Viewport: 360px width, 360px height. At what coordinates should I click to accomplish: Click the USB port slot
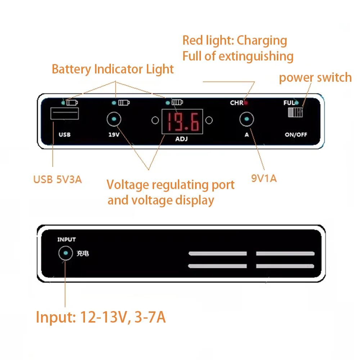click(x=65, y=114)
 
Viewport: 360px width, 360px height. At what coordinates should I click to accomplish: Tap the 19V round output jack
click(x=114, y=119)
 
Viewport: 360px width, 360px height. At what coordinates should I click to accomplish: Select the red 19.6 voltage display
click(x=182, y=121)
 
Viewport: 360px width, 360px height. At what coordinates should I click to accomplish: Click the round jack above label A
click(x=247, y=119)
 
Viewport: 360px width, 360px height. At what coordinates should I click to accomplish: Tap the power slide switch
click(x=296, y=112)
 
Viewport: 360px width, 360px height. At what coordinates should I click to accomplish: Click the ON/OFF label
click(x=296, y=135)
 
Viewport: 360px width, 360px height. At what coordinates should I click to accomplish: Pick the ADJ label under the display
click(x=181, y=139)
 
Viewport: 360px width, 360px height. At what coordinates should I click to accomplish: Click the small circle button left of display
click(x=155, y=120)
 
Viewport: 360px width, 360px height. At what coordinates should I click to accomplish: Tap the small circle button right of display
click(x=208, y=120)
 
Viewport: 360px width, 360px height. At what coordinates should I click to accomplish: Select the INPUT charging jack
click(x=66, y=254)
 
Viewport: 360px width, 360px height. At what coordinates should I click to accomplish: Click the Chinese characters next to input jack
click(x=82, y=254)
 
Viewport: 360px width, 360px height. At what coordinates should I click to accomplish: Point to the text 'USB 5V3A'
click(x=58, y=179)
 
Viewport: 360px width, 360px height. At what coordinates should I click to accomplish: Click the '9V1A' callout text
click(x=264, y=178)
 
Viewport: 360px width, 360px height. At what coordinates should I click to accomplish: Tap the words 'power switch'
click(x=315, y=77)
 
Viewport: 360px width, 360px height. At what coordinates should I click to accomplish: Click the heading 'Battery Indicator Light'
click(x=113, y=69)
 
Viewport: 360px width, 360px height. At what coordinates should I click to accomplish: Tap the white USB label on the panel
click(x=64, y=135)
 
